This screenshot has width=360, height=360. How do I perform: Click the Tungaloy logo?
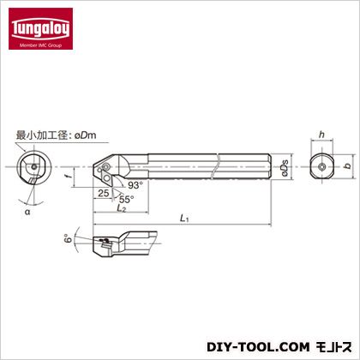40,28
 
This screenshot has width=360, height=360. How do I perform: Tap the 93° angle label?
135,185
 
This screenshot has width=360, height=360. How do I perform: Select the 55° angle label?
126,199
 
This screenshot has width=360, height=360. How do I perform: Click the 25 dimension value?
104,193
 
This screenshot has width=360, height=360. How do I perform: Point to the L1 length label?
184,219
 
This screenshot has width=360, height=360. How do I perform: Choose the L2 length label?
122,208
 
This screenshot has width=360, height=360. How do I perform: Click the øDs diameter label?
285,168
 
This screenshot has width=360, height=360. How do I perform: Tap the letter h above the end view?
321,135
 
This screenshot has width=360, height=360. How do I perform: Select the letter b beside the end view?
347,165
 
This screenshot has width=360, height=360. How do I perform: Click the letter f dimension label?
69,177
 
